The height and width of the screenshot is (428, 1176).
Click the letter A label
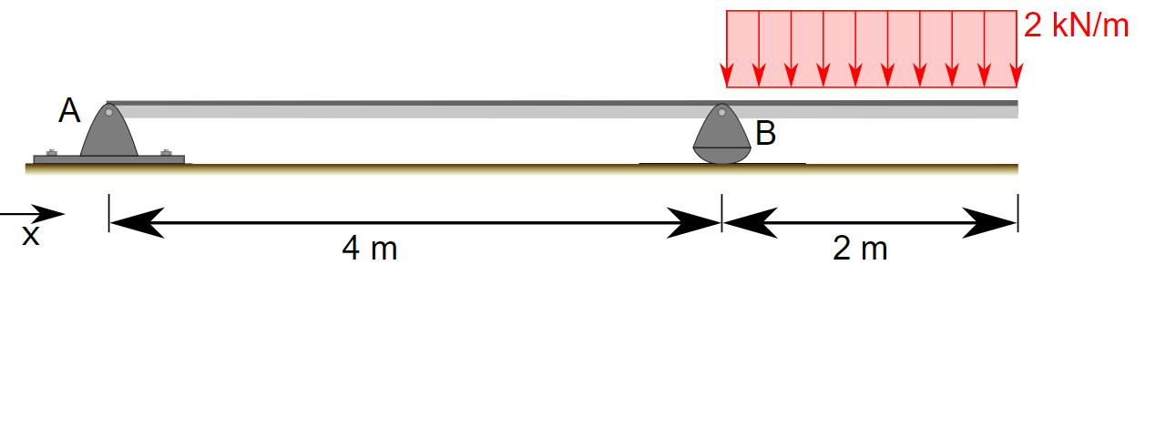click(x=69, y=111)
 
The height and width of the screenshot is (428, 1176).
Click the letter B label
click(x=766, y=134)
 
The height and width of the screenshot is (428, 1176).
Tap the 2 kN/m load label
click(x=1076, y=25)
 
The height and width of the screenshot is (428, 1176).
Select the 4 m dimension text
click(x=370, y=249)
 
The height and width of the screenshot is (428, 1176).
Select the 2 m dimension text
click(x=860, y=249)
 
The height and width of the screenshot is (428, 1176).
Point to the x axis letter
click(x=31, y=236)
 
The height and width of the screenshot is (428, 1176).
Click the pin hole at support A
click(x=108, y=113)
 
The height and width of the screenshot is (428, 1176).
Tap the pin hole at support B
click(x=722, y=113)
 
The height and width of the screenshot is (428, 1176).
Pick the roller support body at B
click(x=722, y=141)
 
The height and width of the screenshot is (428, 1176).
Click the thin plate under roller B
click(x=722, y=164)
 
